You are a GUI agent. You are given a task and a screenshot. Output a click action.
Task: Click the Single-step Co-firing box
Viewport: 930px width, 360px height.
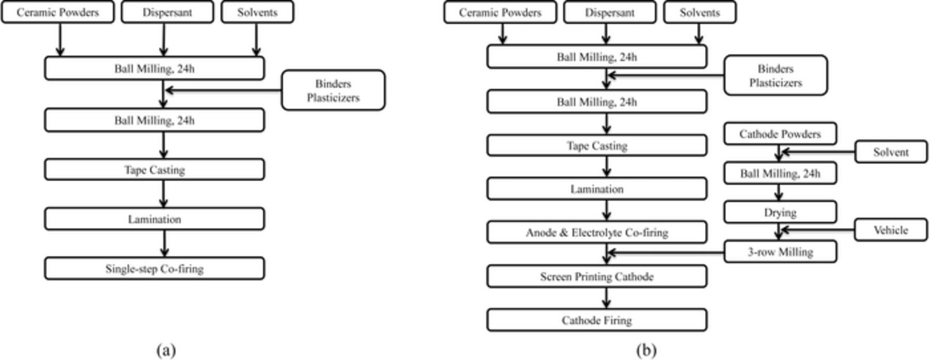click(x=154, y=269)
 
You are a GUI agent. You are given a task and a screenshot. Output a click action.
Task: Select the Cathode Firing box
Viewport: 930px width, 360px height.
click(x=596, y=320)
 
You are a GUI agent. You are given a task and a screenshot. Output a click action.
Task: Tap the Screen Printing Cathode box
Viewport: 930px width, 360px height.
click(x=596, y=277)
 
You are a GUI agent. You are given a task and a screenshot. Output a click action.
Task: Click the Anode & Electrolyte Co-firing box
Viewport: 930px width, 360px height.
click(x=596, y=232)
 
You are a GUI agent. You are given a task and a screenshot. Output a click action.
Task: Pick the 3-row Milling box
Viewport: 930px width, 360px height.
click(x=780, y=252)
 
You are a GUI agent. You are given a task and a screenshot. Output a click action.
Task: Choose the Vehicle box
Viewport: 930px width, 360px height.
click(x=890, y=230)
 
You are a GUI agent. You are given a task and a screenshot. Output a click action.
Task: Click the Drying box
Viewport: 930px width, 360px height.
click(x=780, y=212)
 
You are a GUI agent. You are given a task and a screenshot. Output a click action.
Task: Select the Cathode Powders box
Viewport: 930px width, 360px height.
click(x=780, y=134)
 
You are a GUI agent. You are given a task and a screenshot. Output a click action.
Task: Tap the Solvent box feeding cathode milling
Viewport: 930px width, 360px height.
click(x=890, y=152)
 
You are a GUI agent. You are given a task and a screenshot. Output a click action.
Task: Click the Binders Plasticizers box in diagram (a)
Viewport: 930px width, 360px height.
click(x=333, y=90)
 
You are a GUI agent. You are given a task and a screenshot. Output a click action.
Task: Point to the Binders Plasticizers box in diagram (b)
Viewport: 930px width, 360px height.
click(x=775, y=75)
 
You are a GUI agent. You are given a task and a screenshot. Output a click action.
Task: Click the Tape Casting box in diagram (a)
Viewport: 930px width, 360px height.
click(x=154, y=169)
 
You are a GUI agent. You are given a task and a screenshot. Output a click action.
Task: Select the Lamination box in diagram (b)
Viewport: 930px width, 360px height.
click(x=596, y=189)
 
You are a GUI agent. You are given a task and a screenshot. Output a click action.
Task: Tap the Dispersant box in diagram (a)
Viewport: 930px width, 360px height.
click(x=167, y=12)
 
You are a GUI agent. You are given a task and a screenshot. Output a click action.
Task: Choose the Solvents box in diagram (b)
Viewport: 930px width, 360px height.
click(x=700, y=12)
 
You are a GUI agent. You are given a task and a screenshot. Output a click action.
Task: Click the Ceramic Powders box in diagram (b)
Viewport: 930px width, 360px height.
click(x=500, y=12)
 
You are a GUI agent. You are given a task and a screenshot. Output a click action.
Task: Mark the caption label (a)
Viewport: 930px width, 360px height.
click(x=166, y=351)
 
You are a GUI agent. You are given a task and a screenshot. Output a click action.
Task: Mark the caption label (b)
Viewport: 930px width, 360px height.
click(x=646, y=351)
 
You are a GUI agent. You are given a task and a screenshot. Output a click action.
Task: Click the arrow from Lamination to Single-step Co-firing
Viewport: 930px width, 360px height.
click(x=164, y=243)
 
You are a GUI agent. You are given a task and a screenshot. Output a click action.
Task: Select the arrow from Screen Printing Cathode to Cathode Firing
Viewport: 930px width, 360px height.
click(x=607, y=298)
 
